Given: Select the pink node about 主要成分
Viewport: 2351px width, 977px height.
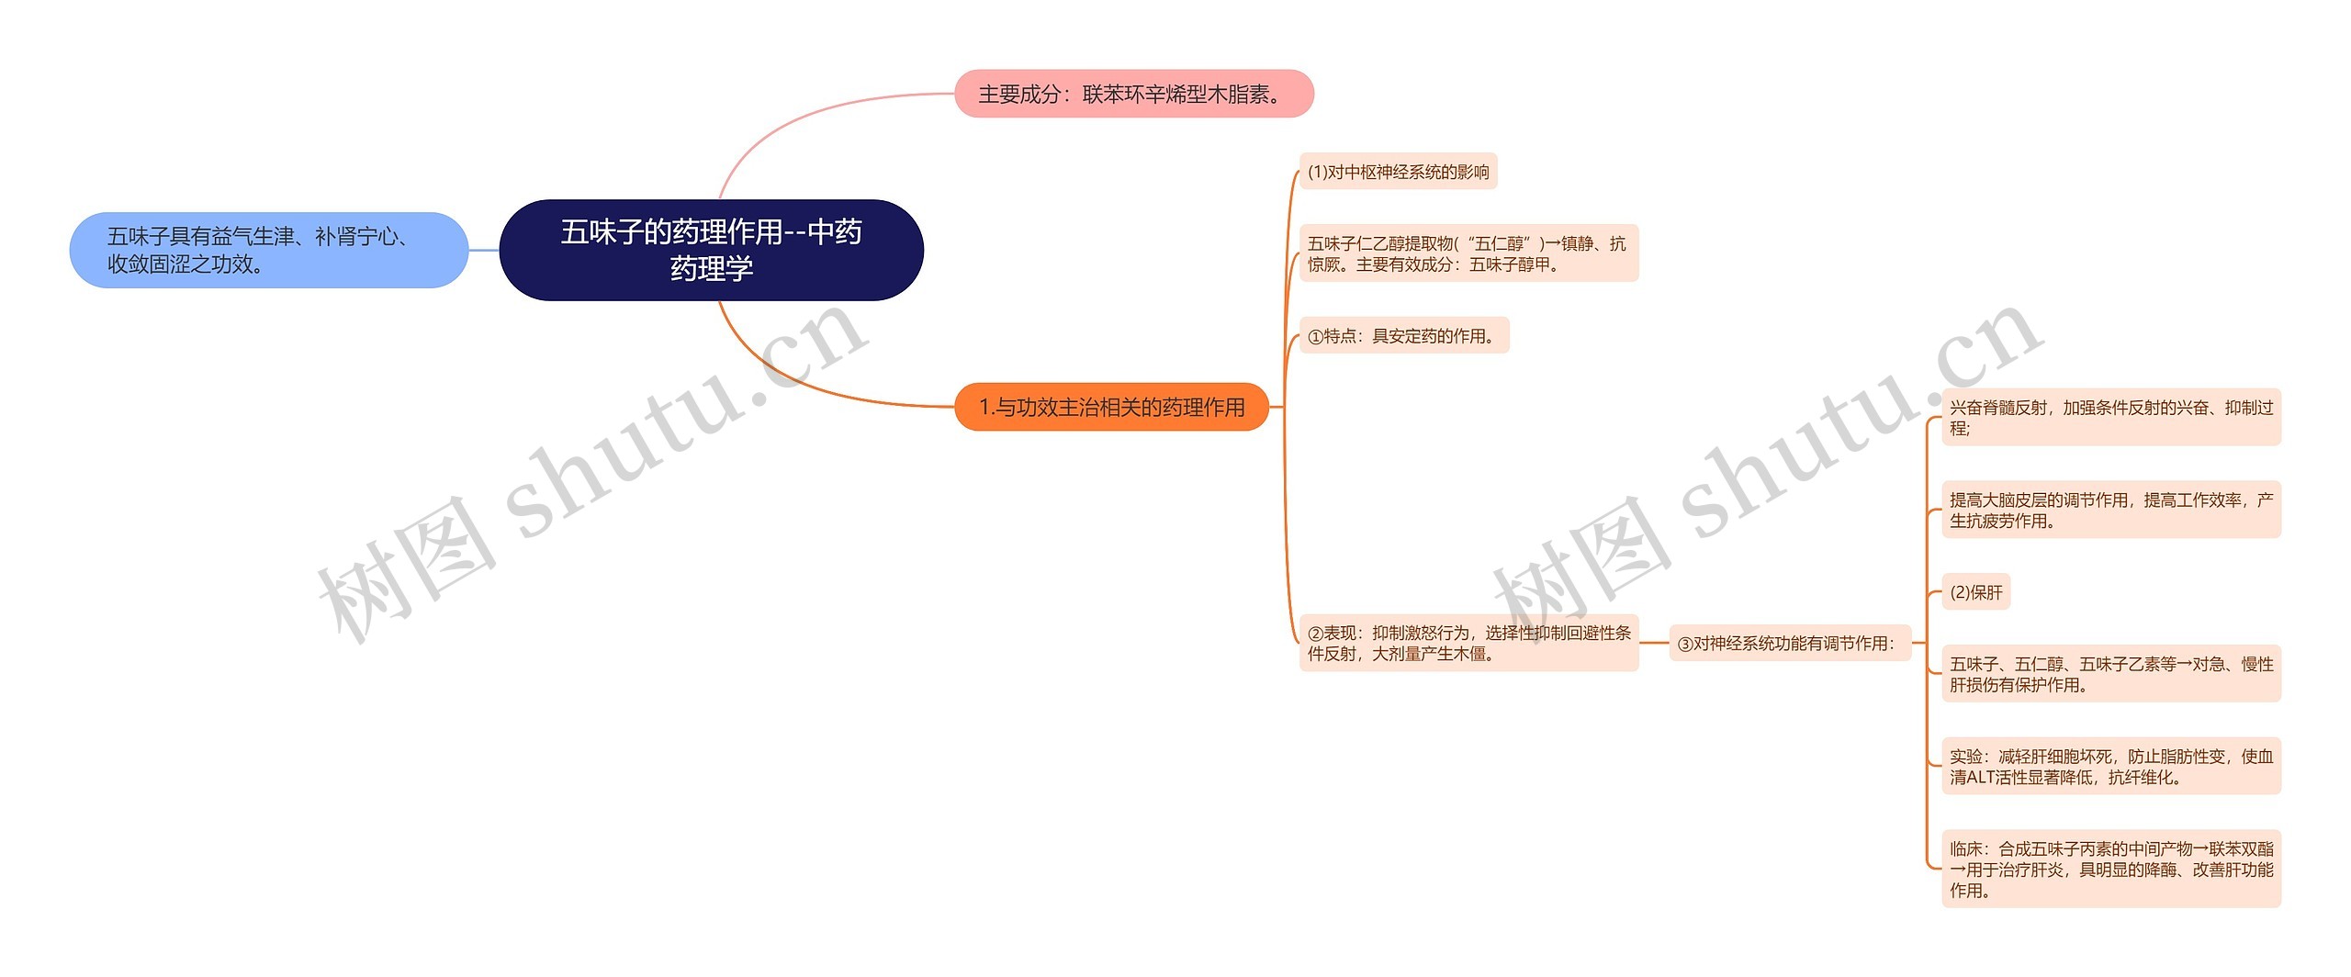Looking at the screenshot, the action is click(1133, 94).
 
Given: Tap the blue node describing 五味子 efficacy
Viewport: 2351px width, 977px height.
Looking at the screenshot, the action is click(268, 250).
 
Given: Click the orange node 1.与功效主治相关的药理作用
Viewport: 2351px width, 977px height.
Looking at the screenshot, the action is click(1111, 407).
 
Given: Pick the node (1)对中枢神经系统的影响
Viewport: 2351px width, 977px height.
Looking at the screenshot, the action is click(1398, 172).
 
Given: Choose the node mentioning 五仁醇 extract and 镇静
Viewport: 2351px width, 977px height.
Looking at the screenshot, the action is click(1468, 253).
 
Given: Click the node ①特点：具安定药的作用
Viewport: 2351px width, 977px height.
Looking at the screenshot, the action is click(1403, 336).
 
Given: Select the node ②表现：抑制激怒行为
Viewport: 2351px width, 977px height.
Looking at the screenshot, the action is click(1468, 643).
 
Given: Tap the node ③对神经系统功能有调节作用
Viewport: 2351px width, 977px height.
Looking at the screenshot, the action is click(1787, 644).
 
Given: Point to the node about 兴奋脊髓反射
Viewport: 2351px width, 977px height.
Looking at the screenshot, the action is click(2110, 417).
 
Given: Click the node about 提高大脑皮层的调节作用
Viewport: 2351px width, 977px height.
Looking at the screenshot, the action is click(2110, 510).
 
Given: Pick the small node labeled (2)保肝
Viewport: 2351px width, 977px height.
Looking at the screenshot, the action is click(1975, 592).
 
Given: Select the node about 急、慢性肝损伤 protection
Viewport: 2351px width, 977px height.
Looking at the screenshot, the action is click(2110, 674).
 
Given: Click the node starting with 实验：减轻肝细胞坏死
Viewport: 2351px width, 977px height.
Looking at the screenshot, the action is click(2110, 766).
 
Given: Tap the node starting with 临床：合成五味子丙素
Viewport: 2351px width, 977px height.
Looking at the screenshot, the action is click(2110, 869).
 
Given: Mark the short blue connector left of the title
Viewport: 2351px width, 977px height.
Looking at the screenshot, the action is click(484, 250).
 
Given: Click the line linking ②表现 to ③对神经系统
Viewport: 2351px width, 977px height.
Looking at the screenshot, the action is click(1654, 643).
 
